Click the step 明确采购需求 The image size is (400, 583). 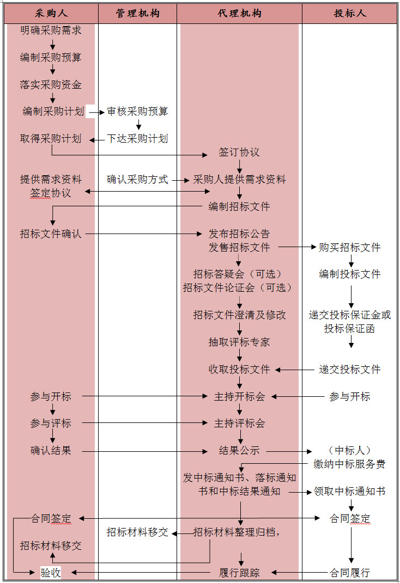pos(51,30)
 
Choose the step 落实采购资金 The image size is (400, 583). pos(51,85)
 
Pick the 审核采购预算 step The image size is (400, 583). pos(137,112)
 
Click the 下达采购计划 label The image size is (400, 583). pos(137,139)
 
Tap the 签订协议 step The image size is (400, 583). pos(239,152)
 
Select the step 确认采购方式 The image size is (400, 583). pos(137,180)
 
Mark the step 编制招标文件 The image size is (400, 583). pos(239,207)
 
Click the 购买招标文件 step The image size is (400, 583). pos(350,248)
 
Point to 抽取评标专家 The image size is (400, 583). pos(239,342)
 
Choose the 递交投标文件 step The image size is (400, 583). pos(350,370)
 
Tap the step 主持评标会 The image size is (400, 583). pos(239,424)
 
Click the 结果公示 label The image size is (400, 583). pos(239,451)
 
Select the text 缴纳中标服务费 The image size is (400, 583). pos(350,464)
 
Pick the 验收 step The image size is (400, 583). pos(51,573)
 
